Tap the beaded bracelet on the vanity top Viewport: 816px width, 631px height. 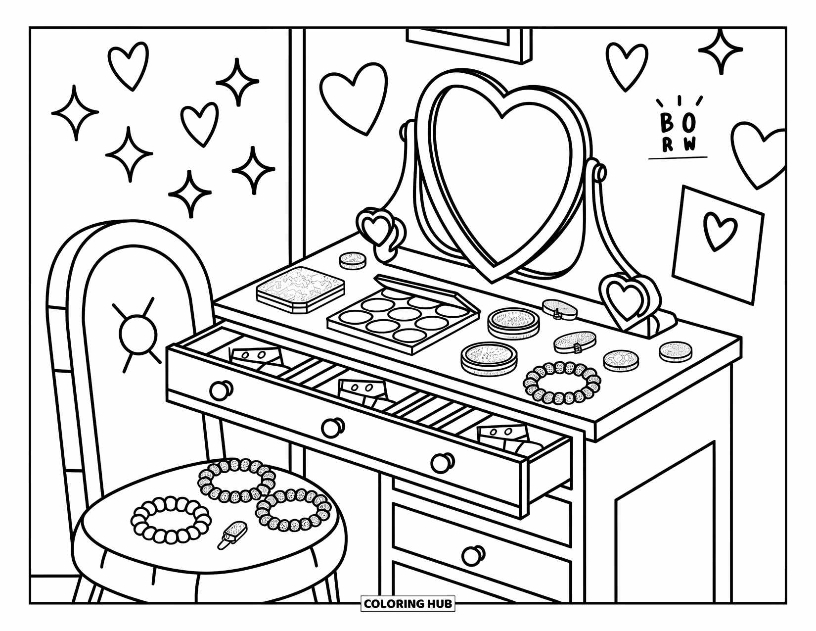[x=562, y=383]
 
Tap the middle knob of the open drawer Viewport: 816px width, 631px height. [x=333, y=427]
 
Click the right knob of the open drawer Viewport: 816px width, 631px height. [x=441, y=462]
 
